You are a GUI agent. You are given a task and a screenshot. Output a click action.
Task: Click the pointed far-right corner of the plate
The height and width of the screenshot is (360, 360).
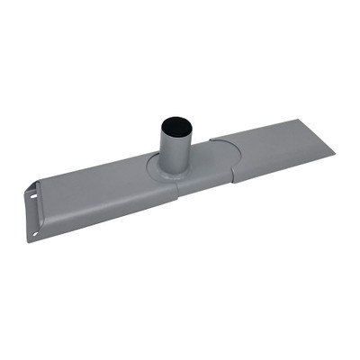pyautogui.click(x=334, y=151)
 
